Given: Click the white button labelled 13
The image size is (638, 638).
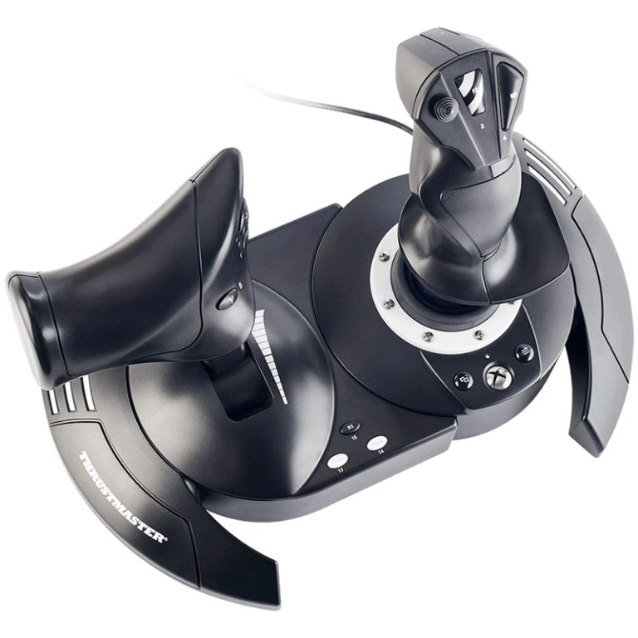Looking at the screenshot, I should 338,461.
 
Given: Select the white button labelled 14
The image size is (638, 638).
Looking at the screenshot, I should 377,444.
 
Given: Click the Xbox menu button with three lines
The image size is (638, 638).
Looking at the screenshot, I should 524,352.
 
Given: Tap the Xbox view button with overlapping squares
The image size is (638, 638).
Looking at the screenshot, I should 464,381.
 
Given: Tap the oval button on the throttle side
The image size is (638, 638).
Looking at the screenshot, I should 226,298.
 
